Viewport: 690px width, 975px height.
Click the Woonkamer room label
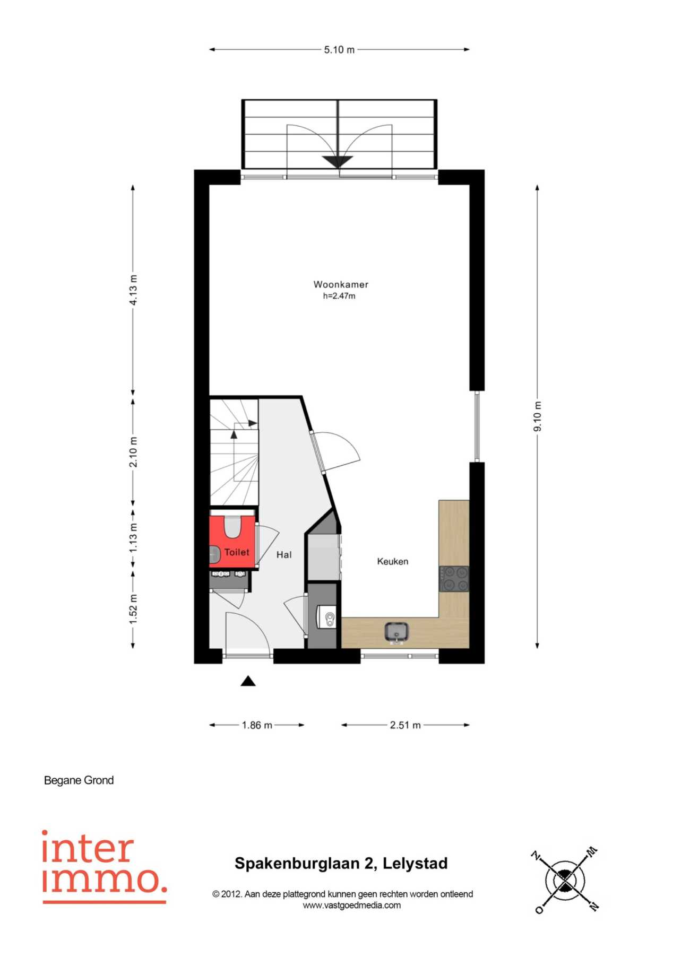[x=341, y=284]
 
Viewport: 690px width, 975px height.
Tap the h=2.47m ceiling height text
[x=339, y=296]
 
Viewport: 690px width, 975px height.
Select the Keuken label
[x=393, y=561]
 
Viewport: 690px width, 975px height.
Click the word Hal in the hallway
[x=284, y=554]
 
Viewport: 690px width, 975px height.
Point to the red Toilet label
[x=237, y=552]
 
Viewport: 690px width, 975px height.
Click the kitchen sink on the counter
[x=396, y=632]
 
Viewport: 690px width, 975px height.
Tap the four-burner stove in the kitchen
[x=454, y=578]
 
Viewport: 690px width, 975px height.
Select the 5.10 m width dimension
[x=339, y=50]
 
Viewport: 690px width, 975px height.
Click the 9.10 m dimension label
[x=538, y=416]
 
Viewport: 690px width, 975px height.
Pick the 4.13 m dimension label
[x=133, y=290]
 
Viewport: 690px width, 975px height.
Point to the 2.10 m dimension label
[x=133, y=452]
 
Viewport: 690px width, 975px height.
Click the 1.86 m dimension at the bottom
[x=257, y=725]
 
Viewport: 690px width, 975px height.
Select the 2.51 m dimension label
[x=406, y=725]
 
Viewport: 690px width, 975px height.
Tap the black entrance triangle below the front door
[x=248, y=681]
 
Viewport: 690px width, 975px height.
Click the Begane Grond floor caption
[x=79, y=780]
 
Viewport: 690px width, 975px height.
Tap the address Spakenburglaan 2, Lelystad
[x=341, y=864]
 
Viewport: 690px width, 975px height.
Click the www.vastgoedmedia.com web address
[x=352, y=906]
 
